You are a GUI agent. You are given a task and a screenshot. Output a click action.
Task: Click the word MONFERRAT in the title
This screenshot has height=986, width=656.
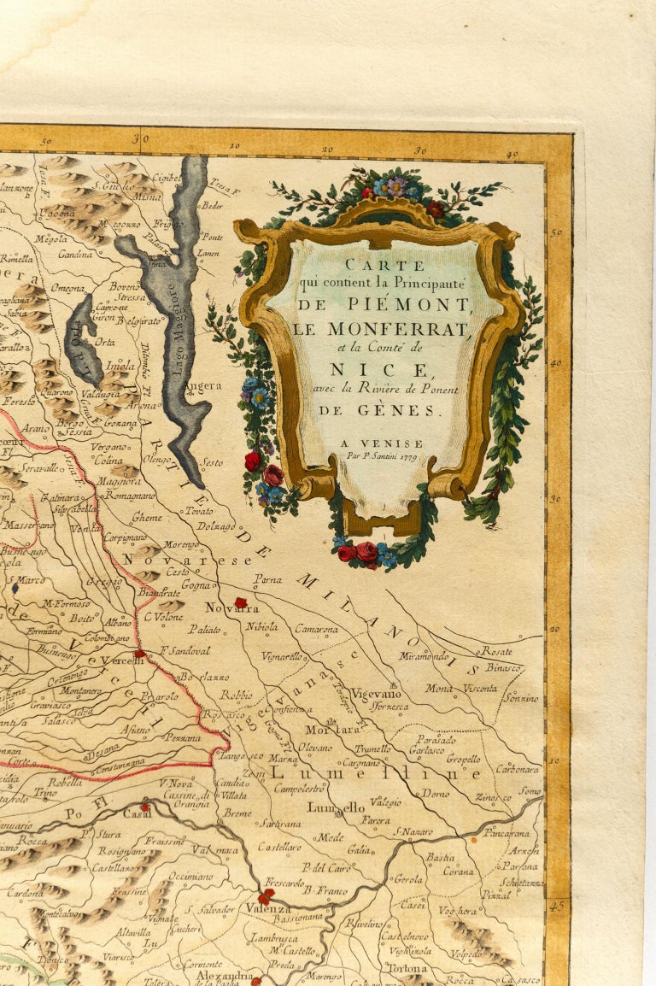(383, 328)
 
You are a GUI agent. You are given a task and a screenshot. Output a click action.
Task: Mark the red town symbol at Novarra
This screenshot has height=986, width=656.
(241, 602)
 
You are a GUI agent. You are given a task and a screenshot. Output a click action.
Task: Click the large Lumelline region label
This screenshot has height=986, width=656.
(376, 772)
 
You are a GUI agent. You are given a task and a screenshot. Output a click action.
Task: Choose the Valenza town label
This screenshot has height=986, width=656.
(268, 908)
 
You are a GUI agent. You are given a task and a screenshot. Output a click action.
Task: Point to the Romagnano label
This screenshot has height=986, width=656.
(130, 496)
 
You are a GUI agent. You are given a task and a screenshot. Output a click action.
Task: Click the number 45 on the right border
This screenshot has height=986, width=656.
(558, 905)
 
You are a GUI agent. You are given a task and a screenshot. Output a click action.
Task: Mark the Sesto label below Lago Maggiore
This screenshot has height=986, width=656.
(212, 462)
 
